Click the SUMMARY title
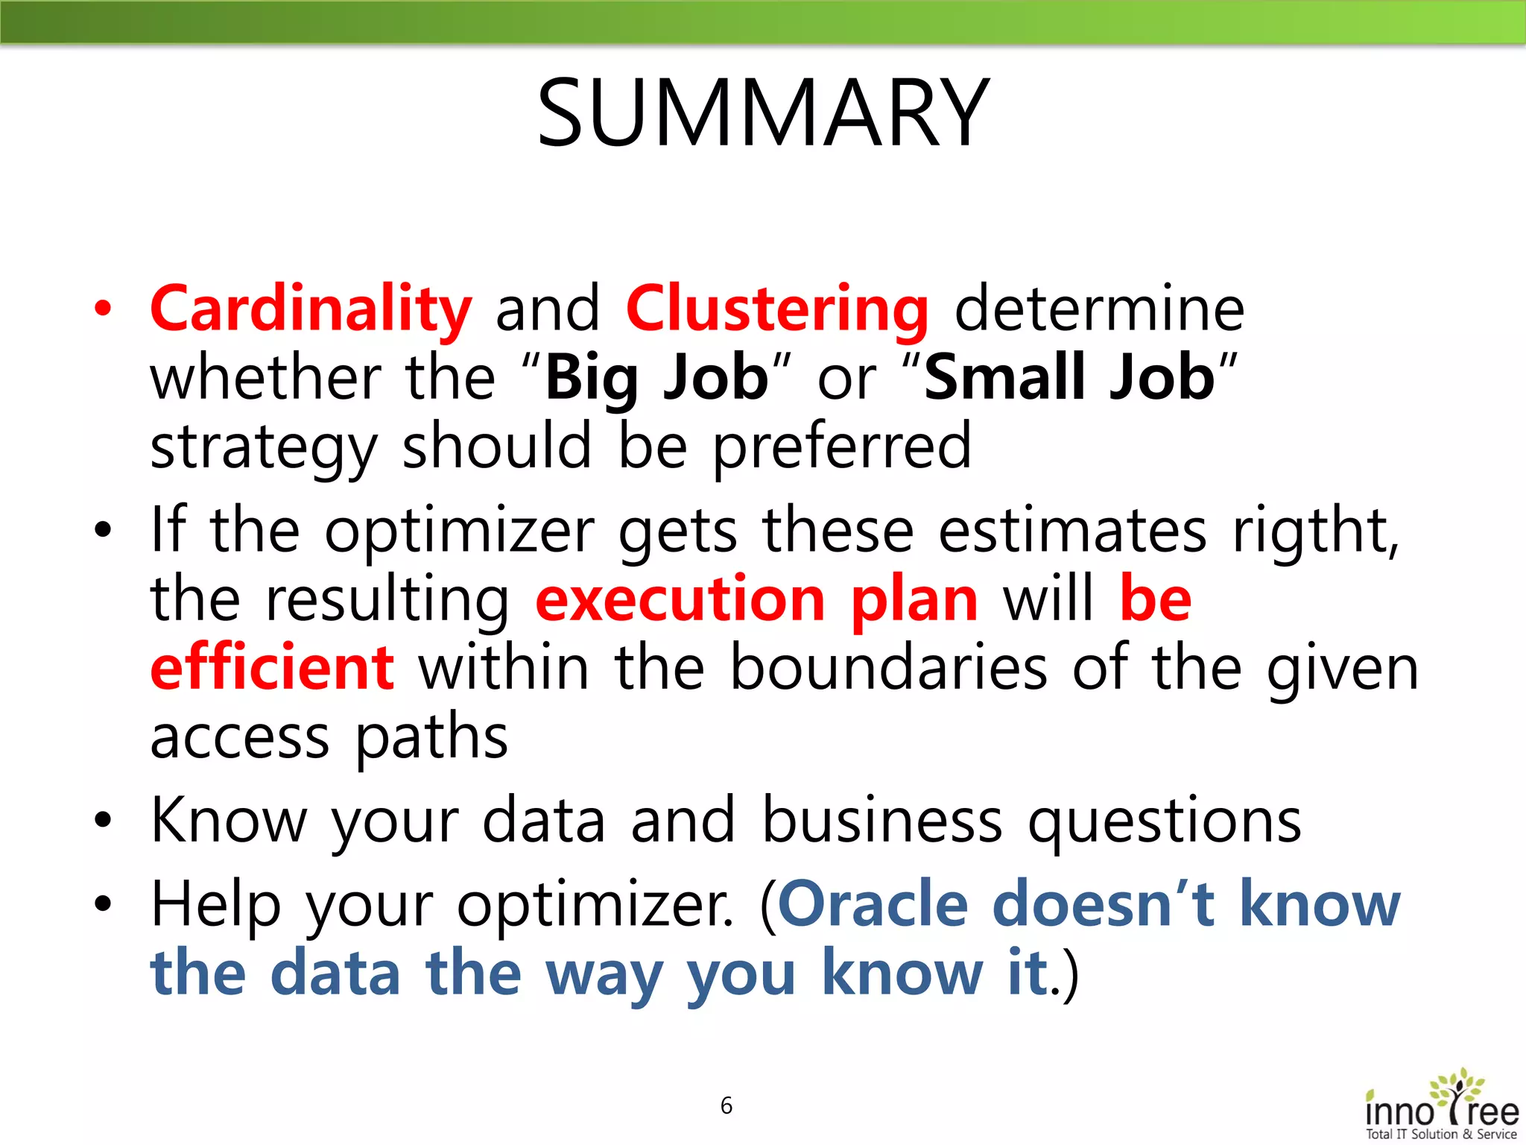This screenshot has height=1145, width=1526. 763,113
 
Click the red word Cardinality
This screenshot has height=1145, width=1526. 311,309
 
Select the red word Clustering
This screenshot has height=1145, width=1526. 777,309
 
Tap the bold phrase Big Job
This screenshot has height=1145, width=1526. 656,378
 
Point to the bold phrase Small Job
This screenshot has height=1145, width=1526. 1069,378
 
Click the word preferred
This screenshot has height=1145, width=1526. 842,446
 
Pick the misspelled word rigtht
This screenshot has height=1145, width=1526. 1315,530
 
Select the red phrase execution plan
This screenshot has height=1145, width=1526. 756,599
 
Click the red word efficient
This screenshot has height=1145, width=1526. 272,667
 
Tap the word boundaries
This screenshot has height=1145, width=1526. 888,667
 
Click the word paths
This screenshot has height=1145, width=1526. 431,737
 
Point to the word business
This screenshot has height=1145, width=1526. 882,820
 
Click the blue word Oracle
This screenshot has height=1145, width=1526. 873,903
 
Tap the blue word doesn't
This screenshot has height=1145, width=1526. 1104,903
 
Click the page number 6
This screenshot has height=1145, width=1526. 726,1105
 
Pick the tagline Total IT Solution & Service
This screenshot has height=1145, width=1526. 1441,1134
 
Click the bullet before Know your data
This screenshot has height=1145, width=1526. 104,821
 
